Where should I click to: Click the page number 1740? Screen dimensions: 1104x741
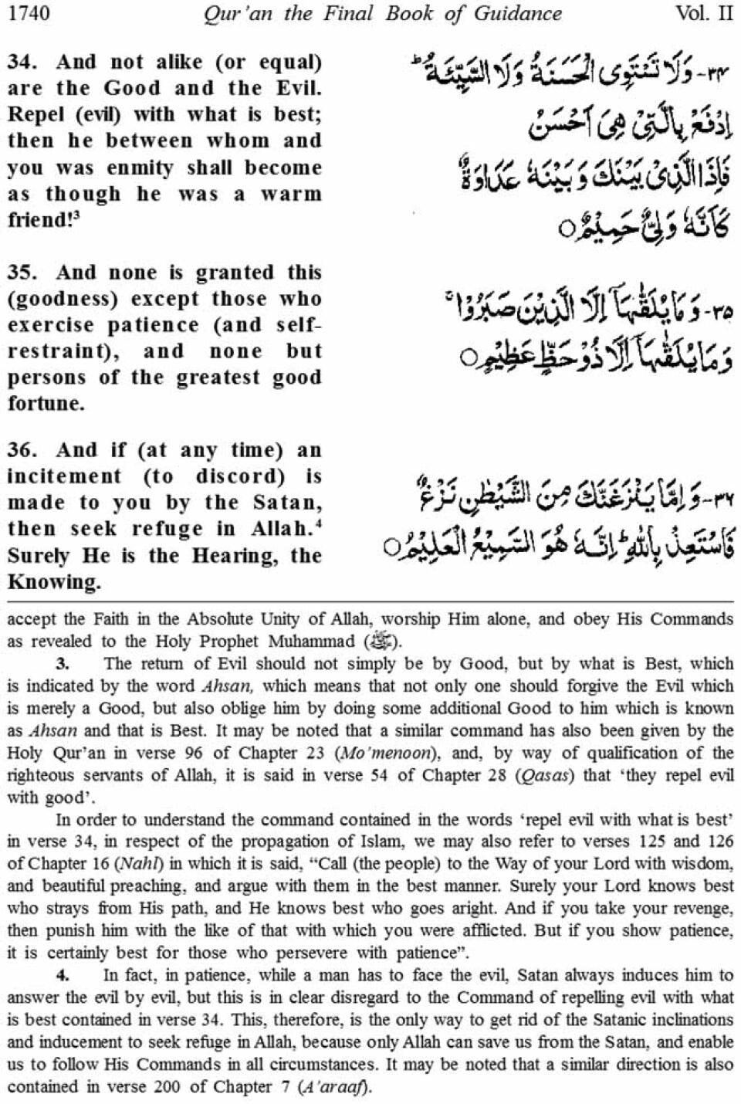click(x=29, y=13)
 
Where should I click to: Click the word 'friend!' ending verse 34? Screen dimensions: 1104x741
click(x=41, y=220)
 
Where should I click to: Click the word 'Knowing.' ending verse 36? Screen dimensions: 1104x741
click(x=54, y=582)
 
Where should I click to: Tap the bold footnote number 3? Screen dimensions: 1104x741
click(x=63, y=663)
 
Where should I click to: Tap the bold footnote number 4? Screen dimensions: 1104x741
click(x=63, y=975)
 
